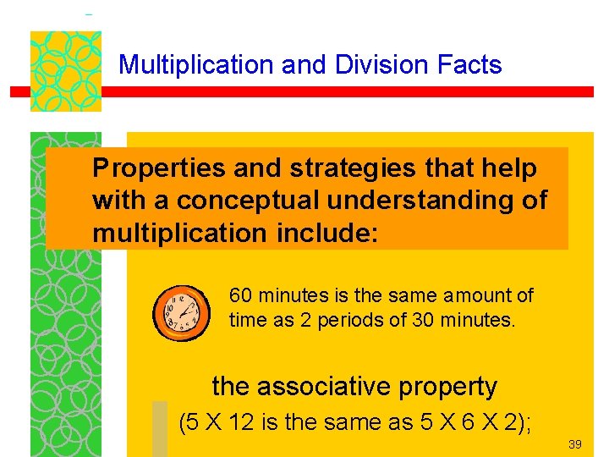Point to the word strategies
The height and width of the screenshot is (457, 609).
point(352,169)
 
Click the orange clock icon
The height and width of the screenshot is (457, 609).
point(180,311)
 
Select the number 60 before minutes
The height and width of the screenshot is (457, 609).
point(240,295)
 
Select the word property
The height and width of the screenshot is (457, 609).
point(457,387)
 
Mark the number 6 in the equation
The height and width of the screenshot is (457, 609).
point(454,422)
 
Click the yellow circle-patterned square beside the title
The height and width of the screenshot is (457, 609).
point(66,71)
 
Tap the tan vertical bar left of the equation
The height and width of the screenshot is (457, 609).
point(160,427)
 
